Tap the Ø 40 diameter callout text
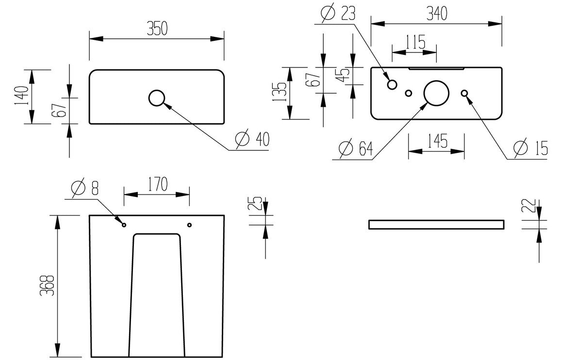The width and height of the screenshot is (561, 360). (x=252, y=140)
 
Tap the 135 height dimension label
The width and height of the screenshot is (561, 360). (x=279, y=93)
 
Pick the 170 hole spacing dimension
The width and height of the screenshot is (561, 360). (x=157, y=184)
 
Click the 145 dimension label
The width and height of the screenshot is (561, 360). (x=436, y=142)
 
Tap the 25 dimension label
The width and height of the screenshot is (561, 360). (x=258, y=202)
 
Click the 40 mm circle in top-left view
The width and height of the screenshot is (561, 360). (x=157, y=98)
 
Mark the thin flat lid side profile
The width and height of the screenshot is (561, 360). (x=436, y=224)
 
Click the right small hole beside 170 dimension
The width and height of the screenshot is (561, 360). (x=189, y=225)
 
